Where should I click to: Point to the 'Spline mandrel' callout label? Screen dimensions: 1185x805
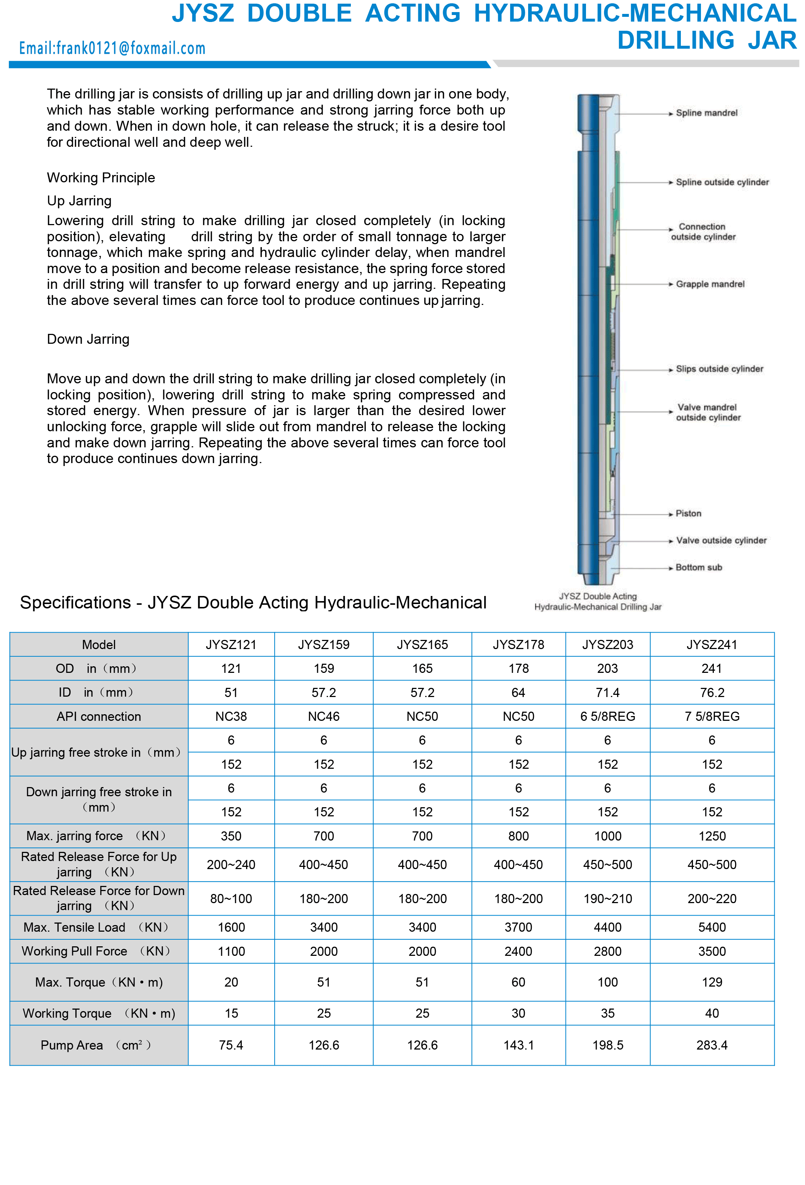[x=706, y=113]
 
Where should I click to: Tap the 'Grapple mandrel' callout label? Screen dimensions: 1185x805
[x=710, y=284]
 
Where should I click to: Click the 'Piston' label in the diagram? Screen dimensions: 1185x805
[x=688, y=514]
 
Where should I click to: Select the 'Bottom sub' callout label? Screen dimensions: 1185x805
[x=698, y=567]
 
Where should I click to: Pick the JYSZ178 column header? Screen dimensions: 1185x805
[x=518, y=645]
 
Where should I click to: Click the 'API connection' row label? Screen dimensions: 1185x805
[x=99, y=716]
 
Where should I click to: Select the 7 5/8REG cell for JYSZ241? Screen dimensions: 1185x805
[x=712, y=716]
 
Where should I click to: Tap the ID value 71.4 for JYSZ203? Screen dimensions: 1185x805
[x=608, y=693]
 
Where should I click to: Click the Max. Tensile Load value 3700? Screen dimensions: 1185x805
[x=518, y=928]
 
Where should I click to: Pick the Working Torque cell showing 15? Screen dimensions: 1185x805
[x=231, y=1014]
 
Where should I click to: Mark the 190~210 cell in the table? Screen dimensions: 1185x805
[x=608, y=899]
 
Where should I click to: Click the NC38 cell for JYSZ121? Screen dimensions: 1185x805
[x=231, y=716]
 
